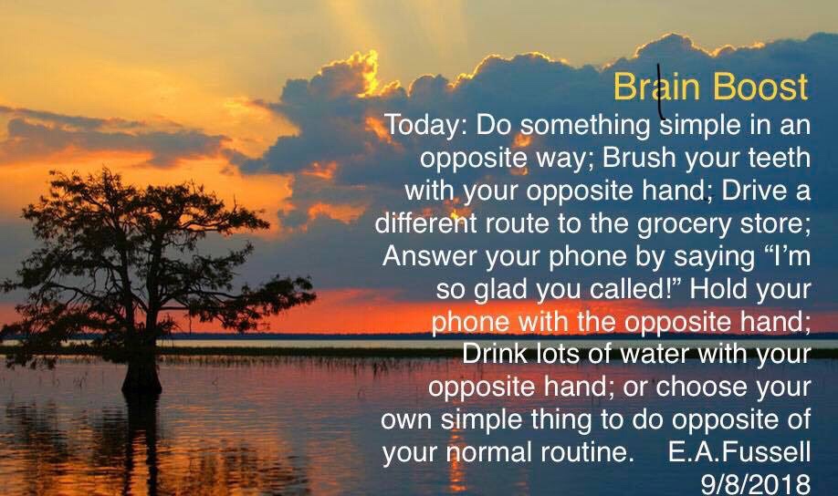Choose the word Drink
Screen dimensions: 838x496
point(494,354)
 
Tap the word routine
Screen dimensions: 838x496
point(587,452)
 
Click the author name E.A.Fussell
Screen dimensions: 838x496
point(739,451)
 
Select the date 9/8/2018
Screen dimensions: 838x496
point(756,484)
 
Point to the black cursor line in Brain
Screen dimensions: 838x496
point(661,91)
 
